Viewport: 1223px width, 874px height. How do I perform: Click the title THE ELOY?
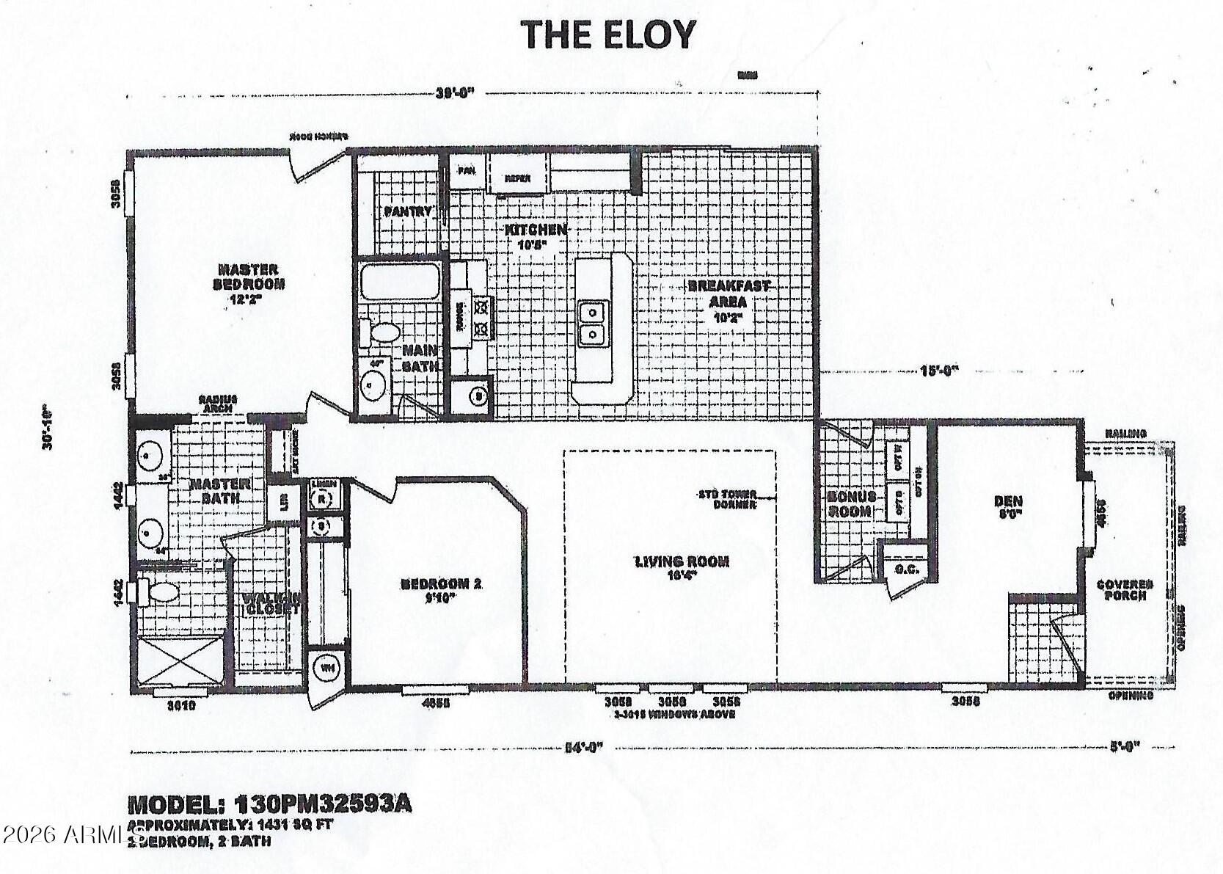[608, 34]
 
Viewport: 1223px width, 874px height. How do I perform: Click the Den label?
[1008, 507]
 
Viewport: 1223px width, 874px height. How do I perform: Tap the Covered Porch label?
[1120, 590]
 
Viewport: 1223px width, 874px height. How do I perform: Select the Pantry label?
[407, 211]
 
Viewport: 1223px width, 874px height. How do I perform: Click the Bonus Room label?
[851, 503]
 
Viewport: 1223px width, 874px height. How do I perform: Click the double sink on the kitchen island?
[593, 324]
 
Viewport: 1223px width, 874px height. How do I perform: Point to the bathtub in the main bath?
[399, 283]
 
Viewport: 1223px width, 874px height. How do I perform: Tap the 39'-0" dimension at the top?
[456, 93]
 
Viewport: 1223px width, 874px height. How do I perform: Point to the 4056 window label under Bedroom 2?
[436, 703]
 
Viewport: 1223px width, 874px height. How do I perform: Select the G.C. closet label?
[902, 569]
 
